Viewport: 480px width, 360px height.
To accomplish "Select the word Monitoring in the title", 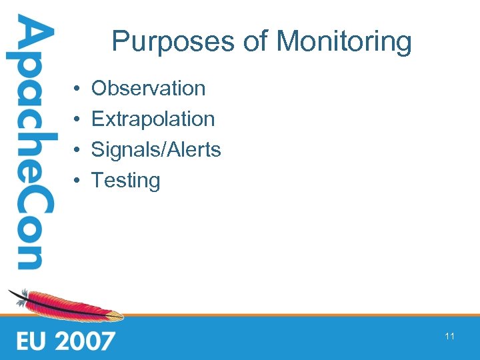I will (x=344, y=41).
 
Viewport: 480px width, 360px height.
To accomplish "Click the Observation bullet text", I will (x=148, y=88).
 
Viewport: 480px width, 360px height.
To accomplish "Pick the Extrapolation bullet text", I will (x=153, y=119).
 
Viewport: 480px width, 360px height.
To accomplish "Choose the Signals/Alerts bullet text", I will (x=155, y=149).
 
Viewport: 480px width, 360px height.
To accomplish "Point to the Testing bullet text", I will (x=125, y=181).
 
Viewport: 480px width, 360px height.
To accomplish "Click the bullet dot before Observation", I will (x=77, y=89).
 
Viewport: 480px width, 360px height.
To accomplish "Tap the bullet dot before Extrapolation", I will (x=77, y=119).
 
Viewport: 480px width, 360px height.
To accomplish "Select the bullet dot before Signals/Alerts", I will (x=77, y=150).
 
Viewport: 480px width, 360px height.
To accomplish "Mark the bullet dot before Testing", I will (x=77, y=181).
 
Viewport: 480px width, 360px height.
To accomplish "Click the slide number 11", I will (x=449, y=336).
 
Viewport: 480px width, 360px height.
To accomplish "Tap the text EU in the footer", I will (x=32, y=341).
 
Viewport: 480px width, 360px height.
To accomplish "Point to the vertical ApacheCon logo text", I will (x=30, y=143).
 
